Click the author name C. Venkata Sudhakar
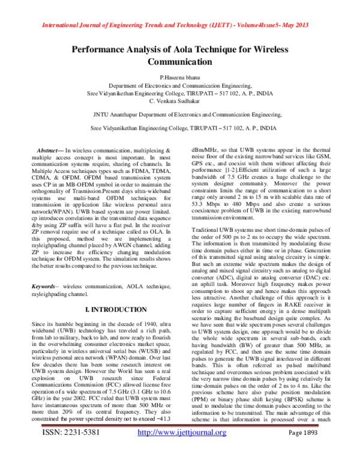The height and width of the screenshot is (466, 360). coord(180,100)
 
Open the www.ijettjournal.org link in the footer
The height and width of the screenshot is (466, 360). coord(182,449)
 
